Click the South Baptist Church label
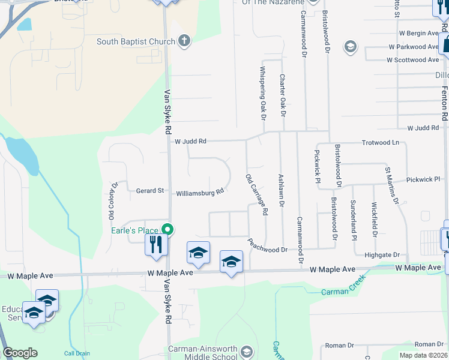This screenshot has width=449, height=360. tap(136, 42)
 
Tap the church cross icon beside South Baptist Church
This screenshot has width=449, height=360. tap(184, 41)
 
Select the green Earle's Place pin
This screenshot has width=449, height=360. tap(167, 230)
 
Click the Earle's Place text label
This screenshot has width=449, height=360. tap(134, 231)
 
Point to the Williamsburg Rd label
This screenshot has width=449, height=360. tap(200, 193)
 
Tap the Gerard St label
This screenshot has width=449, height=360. tap(150, 191)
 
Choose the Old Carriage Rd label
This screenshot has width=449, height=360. tap(256, 194)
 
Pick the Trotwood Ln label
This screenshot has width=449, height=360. tap(380, 143)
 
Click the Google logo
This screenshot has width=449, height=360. tap(20, 353)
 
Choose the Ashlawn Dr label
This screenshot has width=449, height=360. tap(281, 191)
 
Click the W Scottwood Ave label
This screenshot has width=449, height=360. tap(412, 60)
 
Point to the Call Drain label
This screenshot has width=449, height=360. tap(77, 353)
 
